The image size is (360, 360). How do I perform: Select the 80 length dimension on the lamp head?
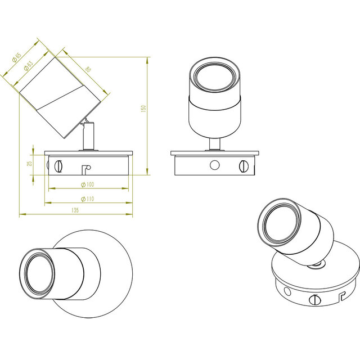(88, 69)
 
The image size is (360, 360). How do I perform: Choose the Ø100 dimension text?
(87, 184)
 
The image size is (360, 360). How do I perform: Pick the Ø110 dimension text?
(87, 199)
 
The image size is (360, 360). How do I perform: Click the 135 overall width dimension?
(75, 210)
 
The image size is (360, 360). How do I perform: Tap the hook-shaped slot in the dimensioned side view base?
(85, 168)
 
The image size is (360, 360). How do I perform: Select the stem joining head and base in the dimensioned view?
(88, 137)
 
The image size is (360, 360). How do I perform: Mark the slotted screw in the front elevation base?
(244, 165)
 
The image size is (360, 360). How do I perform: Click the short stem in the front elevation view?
(214, 143)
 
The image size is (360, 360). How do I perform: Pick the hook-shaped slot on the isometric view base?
(340, 294)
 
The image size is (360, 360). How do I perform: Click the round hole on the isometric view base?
(287, 291)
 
